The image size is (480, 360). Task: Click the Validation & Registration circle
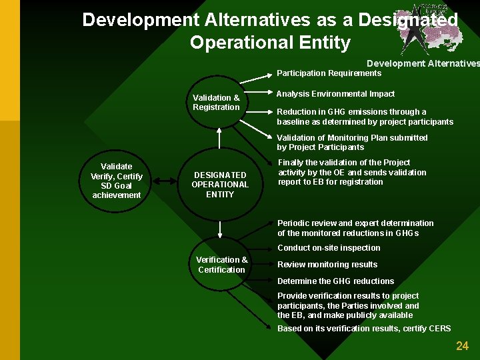(x=216, y=102)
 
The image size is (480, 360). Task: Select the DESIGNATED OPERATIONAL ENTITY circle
(x=219, y=185)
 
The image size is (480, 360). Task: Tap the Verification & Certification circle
(x=221, y=265)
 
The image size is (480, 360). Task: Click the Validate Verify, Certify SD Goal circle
(x=116, y=181)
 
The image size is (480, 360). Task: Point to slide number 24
(x=462, y=345)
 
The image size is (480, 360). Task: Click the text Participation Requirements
(x=329, y=73)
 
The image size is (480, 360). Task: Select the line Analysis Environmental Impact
(x=335, y=94)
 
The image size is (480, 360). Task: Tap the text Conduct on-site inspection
(x=329, y=248)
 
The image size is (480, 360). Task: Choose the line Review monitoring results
(x=327, y=265)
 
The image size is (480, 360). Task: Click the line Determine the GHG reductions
(x=335, y=281)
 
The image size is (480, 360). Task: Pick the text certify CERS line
(x=364, y=329)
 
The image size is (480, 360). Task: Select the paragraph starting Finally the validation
(x=352, y=172)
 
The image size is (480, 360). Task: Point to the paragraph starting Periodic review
(x=355, y=228)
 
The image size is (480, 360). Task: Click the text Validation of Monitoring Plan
(x=352, y=143)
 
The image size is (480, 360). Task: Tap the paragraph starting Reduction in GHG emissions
(x=365, y=117)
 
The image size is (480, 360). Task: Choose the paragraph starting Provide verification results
(x=348, y=305)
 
